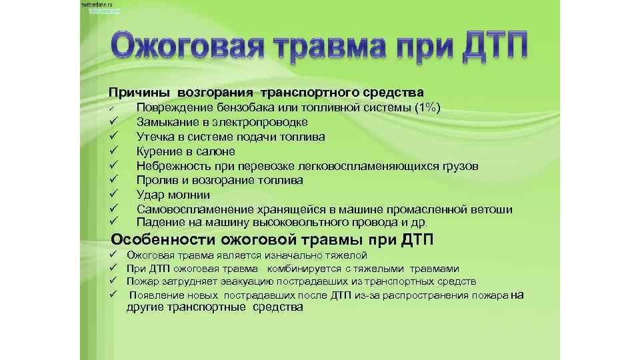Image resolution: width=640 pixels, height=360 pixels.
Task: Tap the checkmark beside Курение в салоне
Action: pos(114,151)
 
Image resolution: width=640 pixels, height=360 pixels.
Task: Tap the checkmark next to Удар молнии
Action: pos(114,195)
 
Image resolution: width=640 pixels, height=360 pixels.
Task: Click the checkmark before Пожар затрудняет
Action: pos(114,281)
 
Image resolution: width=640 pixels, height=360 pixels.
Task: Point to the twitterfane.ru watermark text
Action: pos(97,5)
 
